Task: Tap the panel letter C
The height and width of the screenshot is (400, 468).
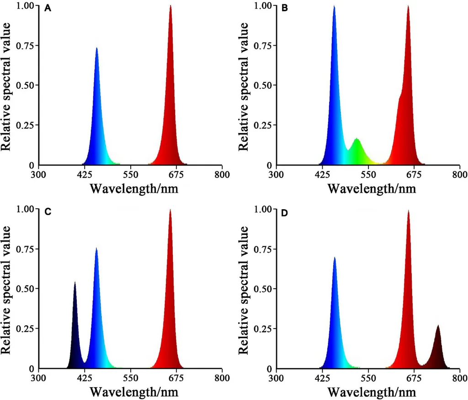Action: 48,212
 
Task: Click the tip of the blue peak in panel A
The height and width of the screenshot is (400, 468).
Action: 96,48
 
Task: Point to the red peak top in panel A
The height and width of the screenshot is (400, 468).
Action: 170,6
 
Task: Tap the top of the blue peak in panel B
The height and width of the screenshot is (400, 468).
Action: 334,6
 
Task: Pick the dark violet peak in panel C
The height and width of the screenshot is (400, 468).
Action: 75,282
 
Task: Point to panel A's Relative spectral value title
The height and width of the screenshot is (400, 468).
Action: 7,85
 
